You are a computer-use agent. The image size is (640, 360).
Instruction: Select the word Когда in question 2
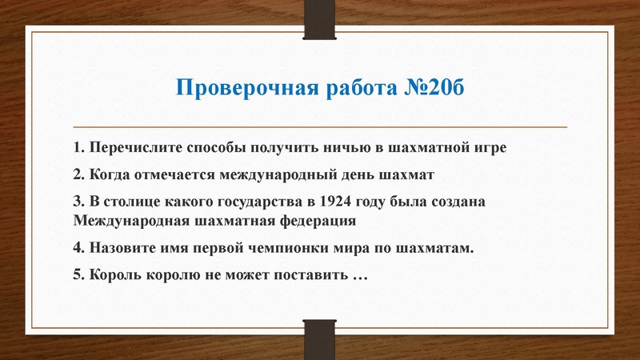(x=113, y=174)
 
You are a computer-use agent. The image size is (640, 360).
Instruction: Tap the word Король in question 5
(x=115, y=274)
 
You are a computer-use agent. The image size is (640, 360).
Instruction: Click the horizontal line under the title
(x=320, y=127)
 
